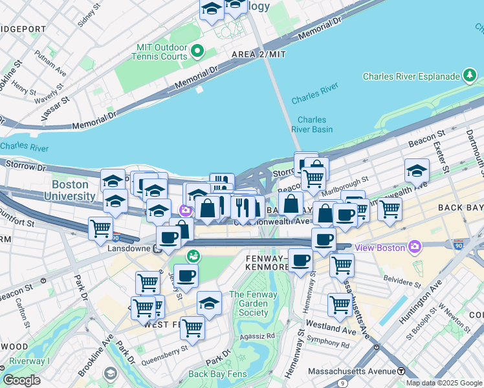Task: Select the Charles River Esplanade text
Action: pyautogui.click(x=411, y=76)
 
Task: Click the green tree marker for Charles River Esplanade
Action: pyautogui.click(x=470, y=76)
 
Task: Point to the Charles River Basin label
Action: pyautogui.click(x=312, y=124)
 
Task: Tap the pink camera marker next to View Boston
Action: pyautogui.click(x=415, y=246)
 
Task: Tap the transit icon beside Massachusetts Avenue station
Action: pyautogui.click(x=401, y=371)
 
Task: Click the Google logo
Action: pyautogui.click(x=21, y=380)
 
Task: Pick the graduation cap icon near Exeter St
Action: pyautogui.click(x=417, y=170)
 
